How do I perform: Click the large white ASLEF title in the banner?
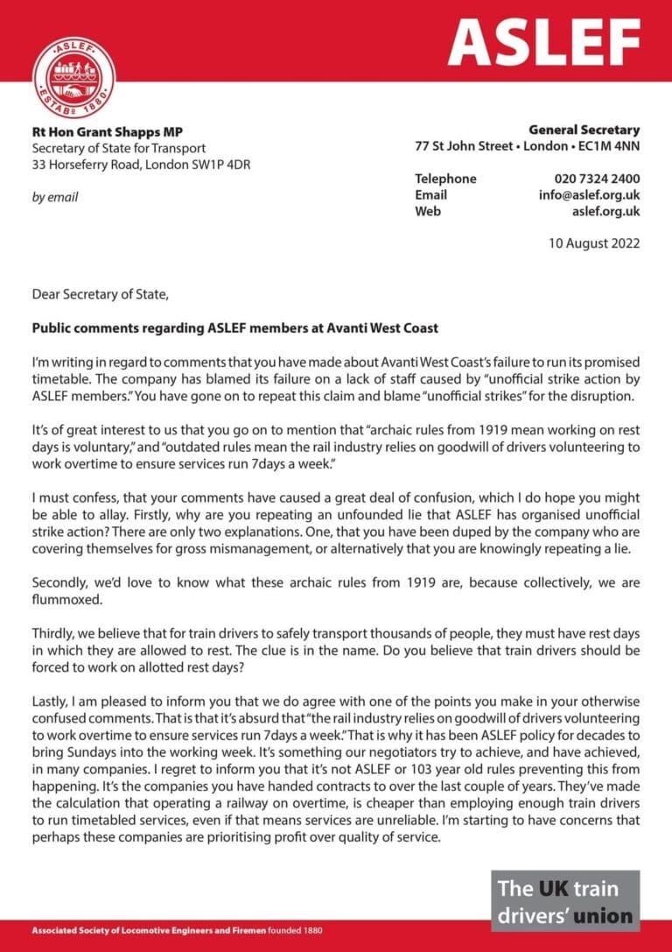tap(543, 40)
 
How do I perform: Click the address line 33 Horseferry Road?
tap(141, 164)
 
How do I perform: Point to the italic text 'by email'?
tap(55, 197)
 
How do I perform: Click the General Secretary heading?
tap(584, 130)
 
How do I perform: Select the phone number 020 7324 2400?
tap(591, 179)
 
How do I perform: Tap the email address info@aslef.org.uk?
tap(589, 195)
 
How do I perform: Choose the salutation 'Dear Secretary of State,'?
tap(99, 295)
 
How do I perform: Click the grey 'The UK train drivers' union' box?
tap(564, 901)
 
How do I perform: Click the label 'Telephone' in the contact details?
tap(445, 179)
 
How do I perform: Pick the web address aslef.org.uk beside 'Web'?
tap(605, 211)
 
